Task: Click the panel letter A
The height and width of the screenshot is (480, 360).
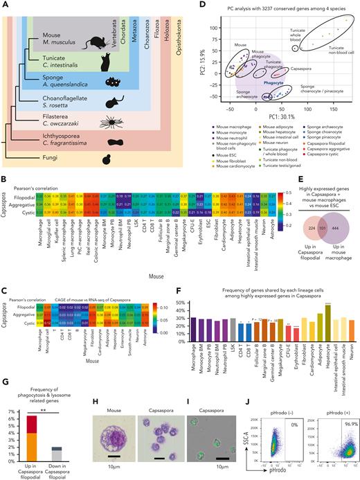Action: point(5,5)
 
